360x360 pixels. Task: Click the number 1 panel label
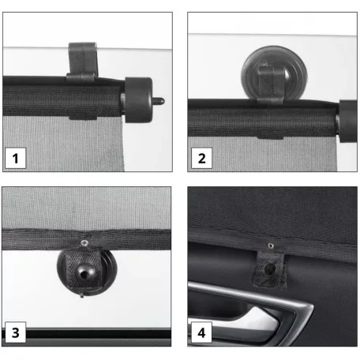[16, 158]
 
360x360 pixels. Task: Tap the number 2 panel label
[201, 158]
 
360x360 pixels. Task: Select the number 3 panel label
[16, 332]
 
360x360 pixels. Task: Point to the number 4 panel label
[201, 332]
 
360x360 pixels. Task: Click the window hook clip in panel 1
[83, 62]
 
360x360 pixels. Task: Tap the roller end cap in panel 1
[138, 100]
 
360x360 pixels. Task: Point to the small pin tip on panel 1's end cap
[159, 101]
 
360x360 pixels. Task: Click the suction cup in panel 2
[274, 73]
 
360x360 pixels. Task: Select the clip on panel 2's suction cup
[270, 84]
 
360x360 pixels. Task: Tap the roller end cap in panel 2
[348, 121]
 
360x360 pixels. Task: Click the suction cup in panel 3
[87, 271]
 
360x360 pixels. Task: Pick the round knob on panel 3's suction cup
[84, 273]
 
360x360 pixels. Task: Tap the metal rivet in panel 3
[84, 242]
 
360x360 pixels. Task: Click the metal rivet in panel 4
[271, 246]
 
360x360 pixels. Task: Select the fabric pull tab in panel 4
[269, 269]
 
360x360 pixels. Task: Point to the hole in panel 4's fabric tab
[269, 269]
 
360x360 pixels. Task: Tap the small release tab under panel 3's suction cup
[82, 295]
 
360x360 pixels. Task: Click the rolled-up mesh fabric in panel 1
[62, 100]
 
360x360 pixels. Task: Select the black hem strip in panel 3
[86, 239]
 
